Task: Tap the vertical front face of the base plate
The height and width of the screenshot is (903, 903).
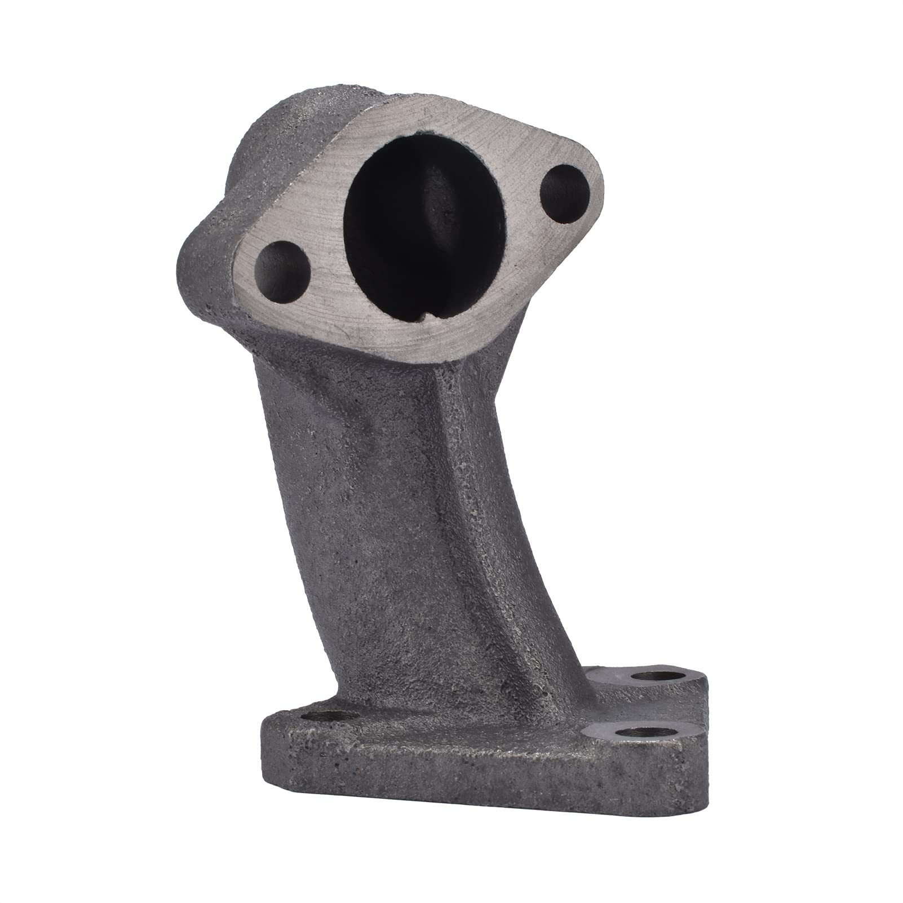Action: click(451, 789)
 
